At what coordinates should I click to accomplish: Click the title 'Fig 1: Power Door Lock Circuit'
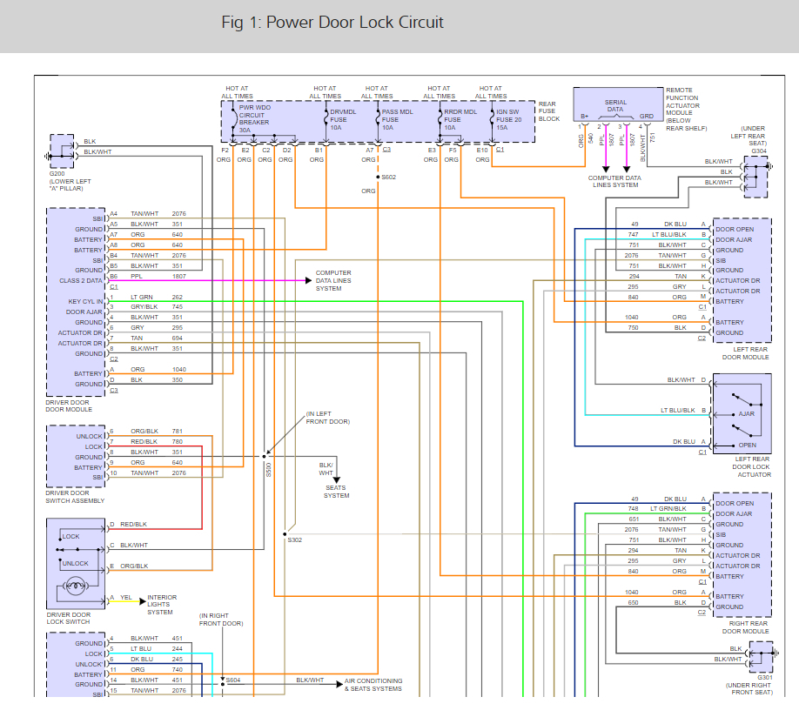pyautogui.click(x=332, y=23)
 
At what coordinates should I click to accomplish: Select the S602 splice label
pyautogui.click(x=389, y=178)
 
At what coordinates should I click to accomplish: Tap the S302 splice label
pyautogui.click(x=294, y=540)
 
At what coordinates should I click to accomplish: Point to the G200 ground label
pyautogui.click(x=57, y=174)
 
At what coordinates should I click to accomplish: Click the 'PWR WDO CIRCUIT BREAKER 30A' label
pyautogui.click(x=255, y=118)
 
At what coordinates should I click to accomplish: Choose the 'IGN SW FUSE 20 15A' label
pyautogui.click(x=509, y=120)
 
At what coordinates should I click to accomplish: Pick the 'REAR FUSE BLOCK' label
pyautogui.click(x=549, y=111)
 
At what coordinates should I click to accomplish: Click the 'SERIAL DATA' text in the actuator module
pyautogui.click(x=615, y=105)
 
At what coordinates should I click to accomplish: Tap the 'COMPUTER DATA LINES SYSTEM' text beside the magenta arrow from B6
pyautogui.click(x=333, y=281)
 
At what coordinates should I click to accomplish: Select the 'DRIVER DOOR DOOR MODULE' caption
pyautogui.click(x=69, y=406)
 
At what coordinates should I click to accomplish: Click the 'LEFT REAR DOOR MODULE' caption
pyautogui.click(x=746, y=353)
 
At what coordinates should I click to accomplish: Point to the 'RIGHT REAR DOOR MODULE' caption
pyautogui.click(x=746, y=627)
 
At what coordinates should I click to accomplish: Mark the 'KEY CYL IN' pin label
pyautogui.click(x=85, y=302)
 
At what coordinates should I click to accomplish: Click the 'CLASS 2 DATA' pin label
pyautogui.click(x=81, y=281)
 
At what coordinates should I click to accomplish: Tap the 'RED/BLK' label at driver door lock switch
pyautogui.click(x=133, y=525)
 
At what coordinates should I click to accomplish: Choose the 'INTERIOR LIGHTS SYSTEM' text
pyautogui.click(x=162, y=605)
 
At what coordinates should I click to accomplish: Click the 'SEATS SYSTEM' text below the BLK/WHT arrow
pyautogui.click(x=336, y=492)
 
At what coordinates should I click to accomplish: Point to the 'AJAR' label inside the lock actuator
pyautogui.click(x=747, y=414)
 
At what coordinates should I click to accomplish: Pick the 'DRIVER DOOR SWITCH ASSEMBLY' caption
pyautogui.click(x=75, y=498)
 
